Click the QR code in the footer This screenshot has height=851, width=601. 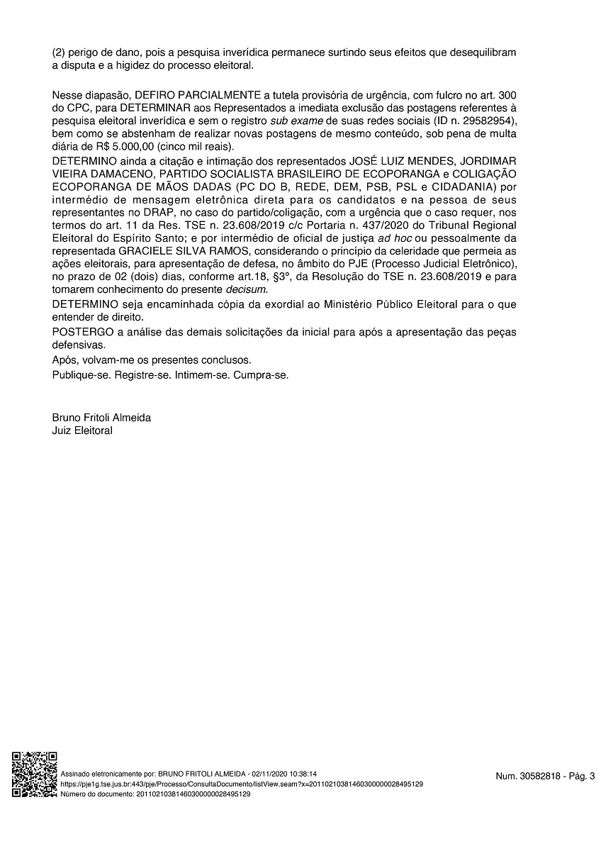[x=35, y=774]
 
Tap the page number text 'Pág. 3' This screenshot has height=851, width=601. [x=580, y=777]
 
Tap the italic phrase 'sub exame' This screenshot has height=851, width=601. [x=293, y=121]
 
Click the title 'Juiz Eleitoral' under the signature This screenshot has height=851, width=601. [x=82, y=430]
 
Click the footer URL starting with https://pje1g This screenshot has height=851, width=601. [x=242, y=784]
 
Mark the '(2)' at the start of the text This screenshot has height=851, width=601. [x=59, y=53]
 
